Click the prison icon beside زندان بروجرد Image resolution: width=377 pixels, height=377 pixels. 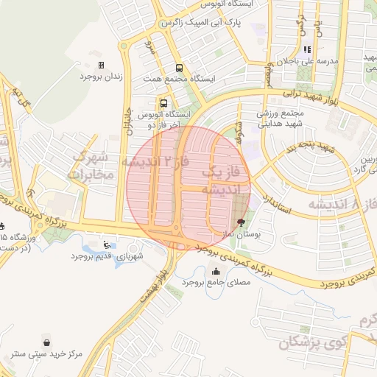(101, 66)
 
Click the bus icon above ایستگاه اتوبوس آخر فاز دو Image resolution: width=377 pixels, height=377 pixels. (163, 104)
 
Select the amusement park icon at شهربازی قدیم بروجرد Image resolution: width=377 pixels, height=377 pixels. (108, 244)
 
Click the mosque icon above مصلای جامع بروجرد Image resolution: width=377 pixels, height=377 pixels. (215, 271)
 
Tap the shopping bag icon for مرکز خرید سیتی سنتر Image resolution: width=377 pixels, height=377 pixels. (47, 342)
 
